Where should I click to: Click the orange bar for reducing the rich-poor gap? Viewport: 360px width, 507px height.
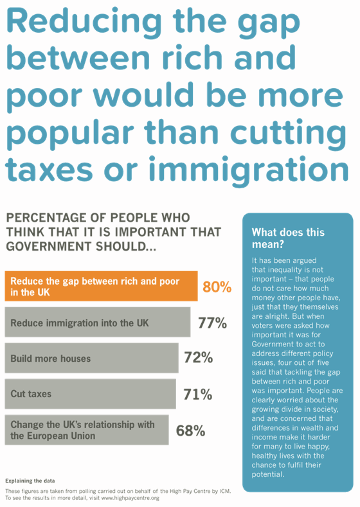(101, 287)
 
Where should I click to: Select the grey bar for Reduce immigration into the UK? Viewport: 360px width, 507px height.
(97, 323)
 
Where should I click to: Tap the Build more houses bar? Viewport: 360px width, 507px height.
(91, 358)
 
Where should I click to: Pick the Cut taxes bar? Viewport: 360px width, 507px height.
(89, 394)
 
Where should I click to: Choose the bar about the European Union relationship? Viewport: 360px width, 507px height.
(86, 430)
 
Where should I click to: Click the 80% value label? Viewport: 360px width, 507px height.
(217, 287)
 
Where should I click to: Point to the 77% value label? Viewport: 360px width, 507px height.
(212, 323)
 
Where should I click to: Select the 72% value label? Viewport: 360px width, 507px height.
(198, 359)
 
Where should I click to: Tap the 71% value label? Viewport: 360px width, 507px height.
(197, 395)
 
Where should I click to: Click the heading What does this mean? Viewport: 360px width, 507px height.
(288, 238)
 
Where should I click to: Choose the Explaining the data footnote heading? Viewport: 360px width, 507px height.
(31, 480)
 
